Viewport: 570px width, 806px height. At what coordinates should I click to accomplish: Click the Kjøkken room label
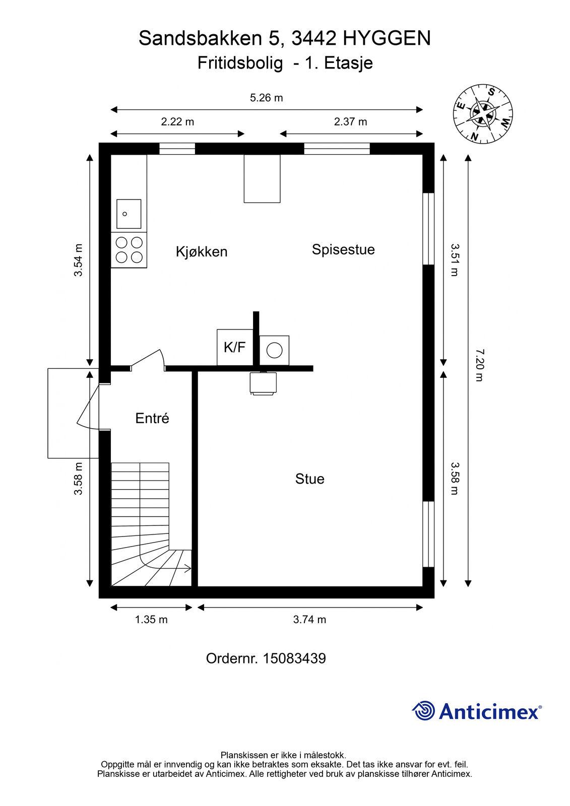tap(201, 251)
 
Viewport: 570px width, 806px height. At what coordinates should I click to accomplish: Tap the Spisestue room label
tap(343, 249)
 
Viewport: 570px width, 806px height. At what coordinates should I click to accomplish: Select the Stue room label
tap(309, 479)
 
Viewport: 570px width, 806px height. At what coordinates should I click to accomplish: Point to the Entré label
tap(152, 418)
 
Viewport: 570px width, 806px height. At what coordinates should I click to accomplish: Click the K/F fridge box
tap(235, 347)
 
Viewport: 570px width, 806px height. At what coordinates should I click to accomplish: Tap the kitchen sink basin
tap(129, 214)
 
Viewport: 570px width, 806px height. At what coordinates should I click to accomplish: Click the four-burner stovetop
tap(129, 250)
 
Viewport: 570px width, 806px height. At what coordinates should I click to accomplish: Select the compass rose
tap(482, 114)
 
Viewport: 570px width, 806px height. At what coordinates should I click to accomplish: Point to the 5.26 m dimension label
tap(267, 98)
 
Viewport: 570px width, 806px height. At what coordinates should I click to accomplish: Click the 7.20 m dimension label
tap(479, 365)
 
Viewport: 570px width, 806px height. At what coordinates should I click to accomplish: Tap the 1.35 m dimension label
tap(151, 619)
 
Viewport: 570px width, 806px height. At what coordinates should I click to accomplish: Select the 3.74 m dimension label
tap(309, 619)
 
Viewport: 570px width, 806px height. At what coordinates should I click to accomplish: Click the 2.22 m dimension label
tap(177, 122)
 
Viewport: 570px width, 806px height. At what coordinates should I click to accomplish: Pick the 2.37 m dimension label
tap(350, 122)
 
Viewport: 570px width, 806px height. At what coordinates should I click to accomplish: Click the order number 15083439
tap(294, 658)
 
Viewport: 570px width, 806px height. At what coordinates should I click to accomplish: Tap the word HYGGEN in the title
tap(387, 38)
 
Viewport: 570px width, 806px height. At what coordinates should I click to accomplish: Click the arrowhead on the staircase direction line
tap(188, 569)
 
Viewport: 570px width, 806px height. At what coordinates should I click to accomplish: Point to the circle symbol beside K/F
tap(274, 350)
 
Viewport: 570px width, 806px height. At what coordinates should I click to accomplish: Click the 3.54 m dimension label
tap(78, 260)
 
